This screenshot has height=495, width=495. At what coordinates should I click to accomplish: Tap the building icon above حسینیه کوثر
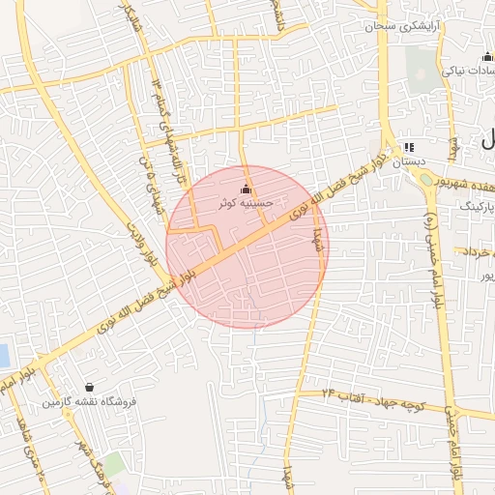(245, 189)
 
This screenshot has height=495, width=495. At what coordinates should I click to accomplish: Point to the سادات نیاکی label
(468, 71)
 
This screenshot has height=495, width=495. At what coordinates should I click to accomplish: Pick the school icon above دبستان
(408, 147)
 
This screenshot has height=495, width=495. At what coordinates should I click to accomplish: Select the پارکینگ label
(474, 206)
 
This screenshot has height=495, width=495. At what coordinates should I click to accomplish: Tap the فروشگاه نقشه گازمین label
(89, 400)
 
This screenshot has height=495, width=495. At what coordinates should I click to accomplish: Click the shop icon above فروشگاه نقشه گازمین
(89, 386)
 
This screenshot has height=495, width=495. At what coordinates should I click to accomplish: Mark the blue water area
(5, 355)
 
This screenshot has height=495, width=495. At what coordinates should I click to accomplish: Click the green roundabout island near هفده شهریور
(429, 192)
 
